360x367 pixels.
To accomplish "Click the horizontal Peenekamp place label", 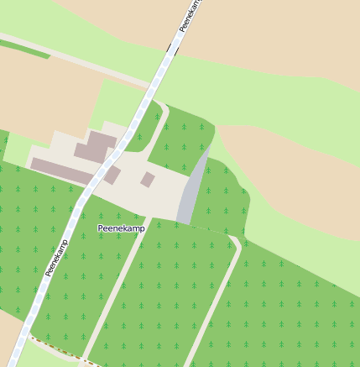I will tap(122, 228).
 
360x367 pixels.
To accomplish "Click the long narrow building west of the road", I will tap(59, 170).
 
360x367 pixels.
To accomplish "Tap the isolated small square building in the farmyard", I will tap(148, 179).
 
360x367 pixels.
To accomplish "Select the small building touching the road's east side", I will tap(112, 175).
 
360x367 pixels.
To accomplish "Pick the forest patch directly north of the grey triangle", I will tap(180, 139).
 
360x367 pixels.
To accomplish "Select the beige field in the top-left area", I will tap(42, 92).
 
